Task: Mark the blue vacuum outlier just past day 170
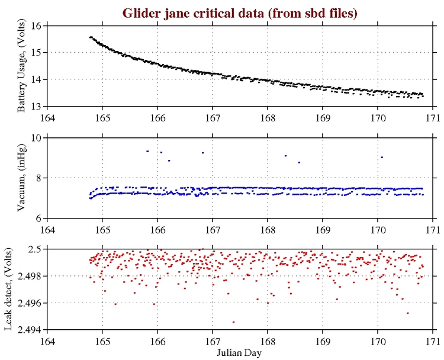point(382,157)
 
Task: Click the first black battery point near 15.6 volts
point(90,37)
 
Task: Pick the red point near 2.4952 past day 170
point(408,313)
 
